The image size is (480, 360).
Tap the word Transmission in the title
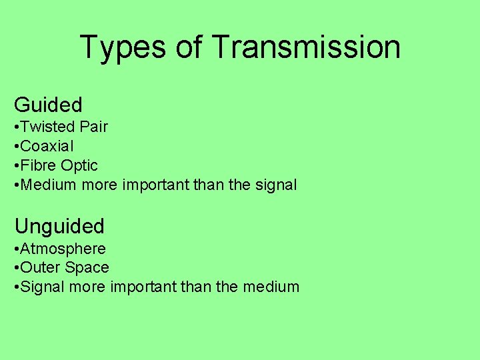[306, 47]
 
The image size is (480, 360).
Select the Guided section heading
[48, 105]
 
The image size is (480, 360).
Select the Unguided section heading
[59, 227]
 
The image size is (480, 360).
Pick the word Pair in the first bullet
[94, 127]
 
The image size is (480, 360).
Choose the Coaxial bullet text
[47, 146]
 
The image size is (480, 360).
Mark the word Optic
[79, 165]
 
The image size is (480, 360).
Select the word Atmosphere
[63, 249]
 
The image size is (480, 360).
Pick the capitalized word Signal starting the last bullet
[43, 287]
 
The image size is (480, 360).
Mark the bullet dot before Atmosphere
[17, 249]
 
